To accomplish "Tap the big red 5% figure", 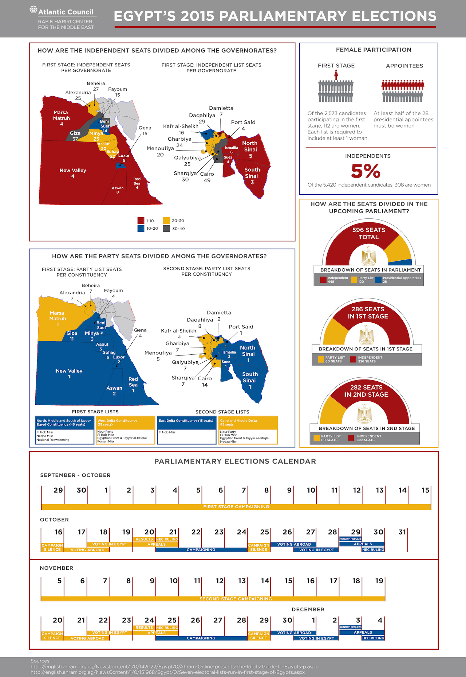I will pyautogui.click(x=366, y=171).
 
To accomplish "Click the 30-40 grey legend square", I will pyautogui.click(x=166, y=229).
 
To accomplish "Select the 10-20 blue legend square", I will pyautogui.click(x=141, y=229).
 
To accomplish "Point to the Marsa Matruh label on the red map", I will pyautogui.click(x=61, y=116).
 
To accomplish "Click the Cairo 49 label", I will pyautogui.click(x=207, y=177).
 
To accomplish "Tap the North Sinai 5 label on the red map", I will pyautogui.click(x=250, y=149).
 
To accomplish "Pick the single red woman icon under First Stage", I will pyautogui.click(x=336, y=75).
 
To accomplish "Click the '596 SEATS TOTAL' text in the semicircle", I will pyautogui.click(x=368, y=233).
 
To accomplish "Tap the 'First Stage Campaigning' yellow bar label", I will pyautogui.click(x=236, y=507).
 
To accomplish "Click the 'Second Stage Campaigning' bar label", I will pyautogui.click(x=236, y=599).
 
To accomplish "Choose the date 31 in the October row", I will pyautogui.click(x=402, y=532).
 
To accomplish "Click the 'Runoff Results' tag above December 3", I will pyautogui.click(x=350, y=627).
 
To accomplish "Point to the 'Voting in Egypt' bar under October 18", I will pyautogui.click(x=110, y=544).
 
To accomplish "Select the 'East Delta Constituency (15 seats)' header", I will pyautogui.click(x=186, y=421).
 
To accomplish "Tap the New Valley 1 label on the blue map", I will pyautogui.click(x=69, y=373).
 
